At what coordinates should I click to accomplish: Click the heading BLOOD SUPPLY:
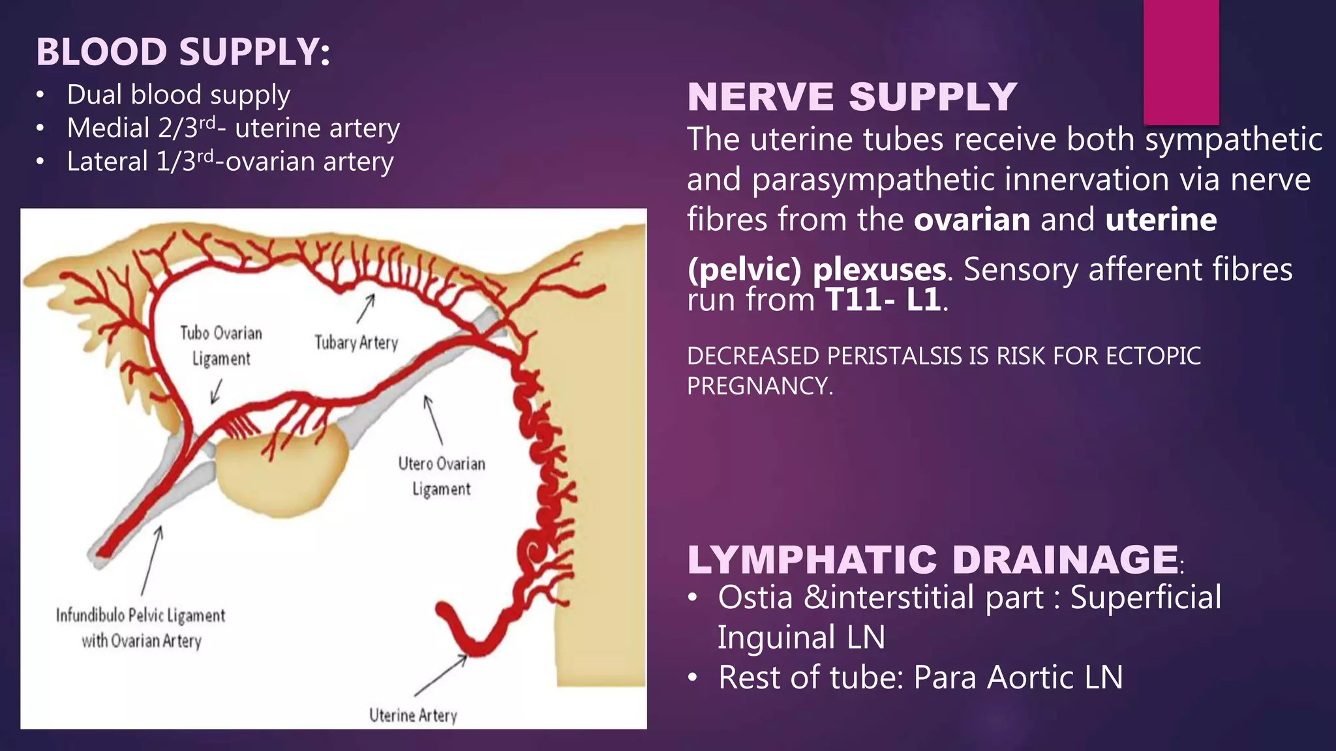[183, 52]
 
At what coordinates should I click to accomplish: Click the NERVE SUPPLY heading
[851, 97]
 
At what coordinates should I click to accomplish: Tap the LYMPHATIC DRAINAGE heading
[933, 559]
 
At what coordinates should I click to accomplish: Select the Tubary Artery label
[356, 343]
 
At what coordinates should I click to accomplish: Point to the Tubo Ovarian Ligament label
[221, 346]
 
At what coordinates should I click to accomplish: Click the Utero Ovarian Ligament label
[442, 476]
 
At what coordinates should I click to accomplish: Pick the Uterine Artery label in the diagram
[413, 715]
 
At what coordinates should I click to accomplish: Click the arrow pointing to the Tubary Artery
[365, 308]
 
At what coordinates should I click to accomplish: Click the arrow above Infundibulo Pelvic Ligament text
[151, 561]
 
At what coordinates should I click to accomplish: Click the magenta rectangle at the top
[1181, 62]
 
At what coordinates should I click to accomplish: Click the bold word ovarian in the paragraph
[971, 220]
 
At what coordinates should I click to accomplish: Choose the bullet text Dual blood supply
[178, 95]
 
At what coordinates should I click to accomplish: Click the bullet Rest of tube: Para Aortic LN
[920, 677]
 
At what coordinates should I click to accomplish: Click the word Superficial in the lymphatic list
[1146, 598]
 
